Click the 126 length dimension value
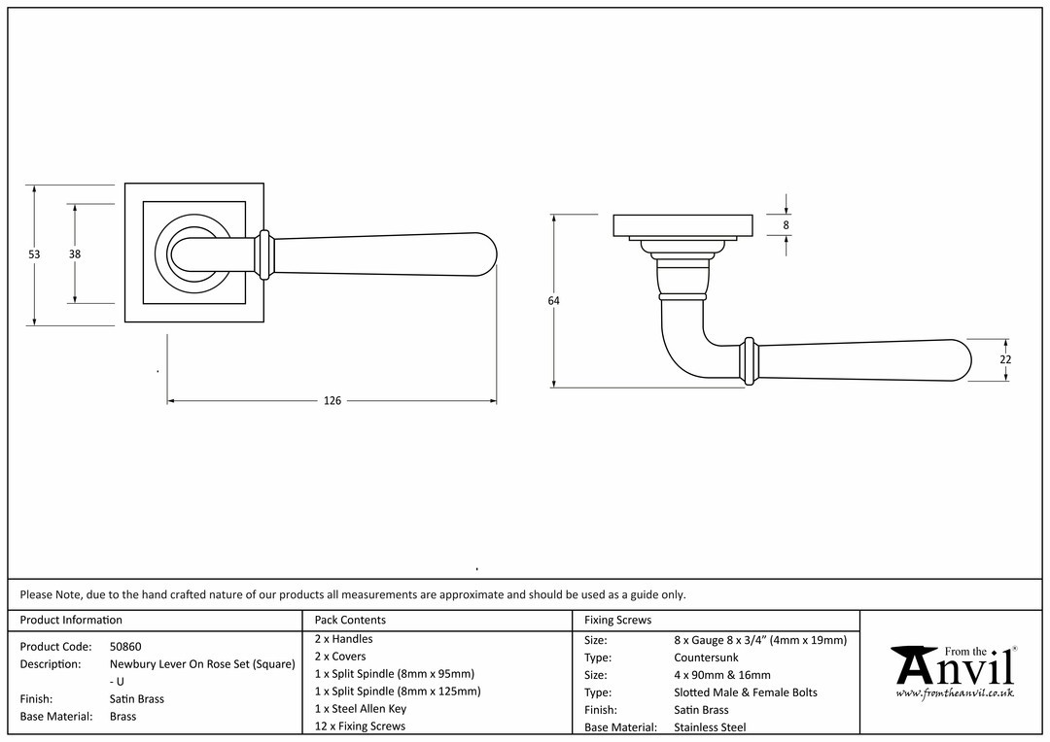point(332,401)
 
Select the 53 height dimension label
point(34,254)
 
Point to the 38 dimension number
point(74,254)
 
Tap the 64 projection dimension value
point(553,301)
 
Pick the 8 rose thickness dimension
point(787,225)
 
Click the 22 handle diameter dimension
point(1006,360)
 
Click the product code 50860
point(125,647)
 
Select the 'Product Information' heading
point(71,621)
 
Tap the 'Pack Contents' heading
point(350,621)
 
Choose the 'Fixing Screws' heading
point(617,621)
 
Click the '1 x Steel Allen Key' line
point(361,709)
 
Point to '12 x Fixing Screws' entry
point(360,725)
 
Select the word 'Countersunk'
point(706,658)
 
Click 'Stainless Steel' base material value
point(710,727)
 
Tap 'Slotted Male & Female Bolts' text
point(746,692)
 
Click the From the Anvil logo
point(955,672)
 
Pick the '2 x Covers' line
point(340,657)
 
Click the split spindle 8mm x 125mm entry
point(398,691)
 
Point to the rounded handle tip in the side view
point(964,360)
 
